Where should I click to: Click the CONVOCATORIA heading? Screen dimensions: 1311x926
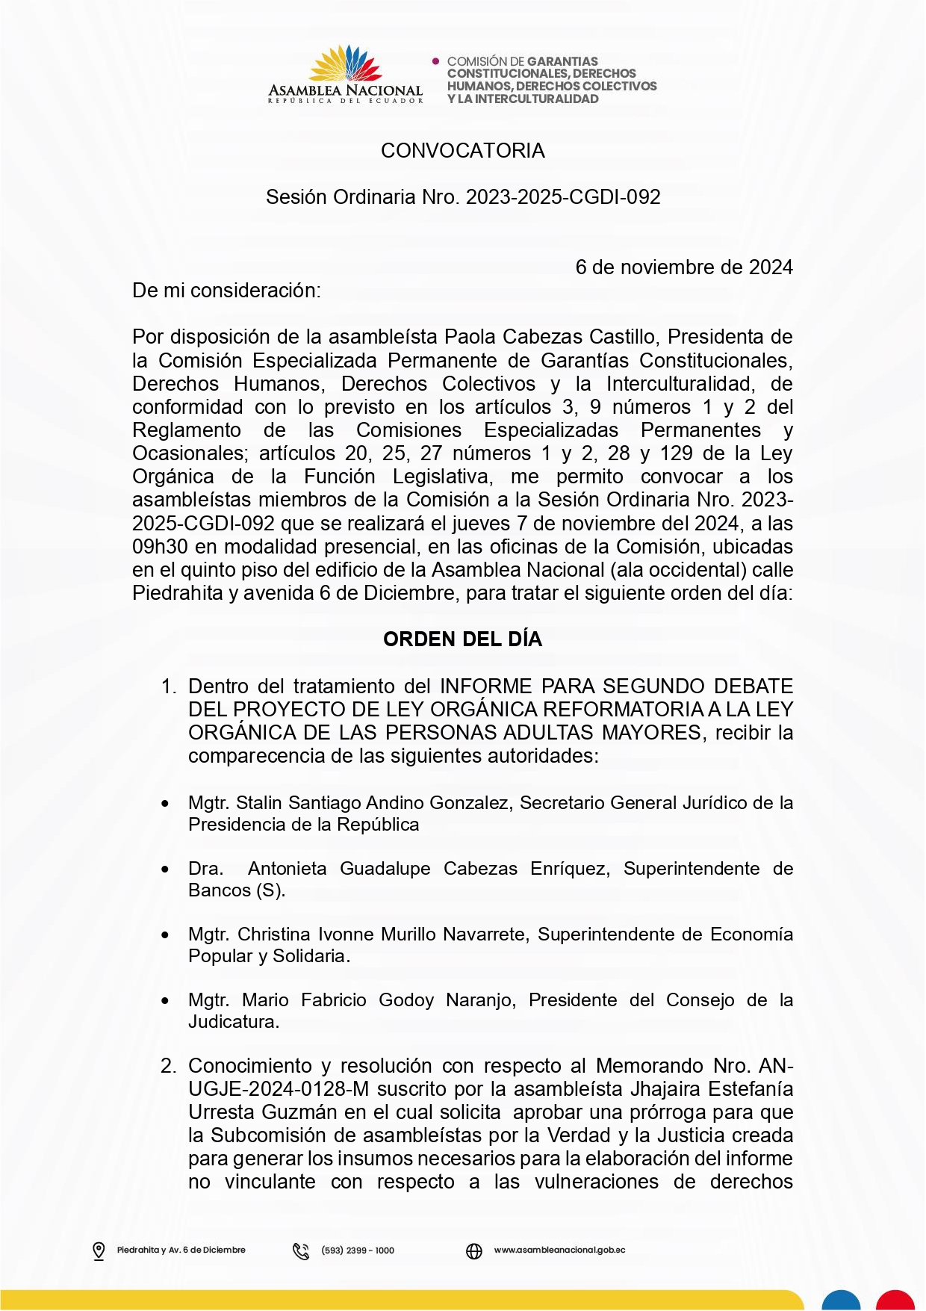click(x=462, y=151)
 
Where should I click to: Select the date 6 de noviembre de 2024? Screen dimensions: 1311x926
click(x=683, y=267)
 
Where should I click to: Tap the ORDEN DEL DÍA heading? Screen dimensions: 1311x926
click(x=462, y=639)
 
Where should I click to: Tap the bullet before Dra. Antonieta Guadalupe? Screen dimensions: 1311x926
click(x=165, y=870)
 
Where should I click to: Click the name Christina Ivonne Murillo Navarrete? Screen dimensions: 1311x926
click(x=382, y=935)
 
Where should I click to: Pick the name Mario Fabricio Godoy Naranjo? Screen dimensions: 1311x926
click(x=379, y=1000)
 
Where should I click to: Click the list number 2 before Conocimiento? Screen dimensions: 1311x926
click(x=168, y=1066)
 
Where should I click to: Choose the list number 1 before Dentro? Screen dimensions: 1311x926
click(x=168, y=687)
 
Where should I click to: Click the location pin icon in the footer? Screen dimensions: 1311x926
click(x=99, y=1250)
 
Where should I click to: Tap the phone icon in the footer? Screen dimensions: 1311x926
click(x=301, y=1250)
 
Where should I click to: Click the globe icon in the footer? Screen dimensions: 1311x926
click(x=474, y=1250)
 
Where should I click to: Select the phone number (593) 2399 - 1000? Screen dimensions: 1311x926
click(x=358, y=1250)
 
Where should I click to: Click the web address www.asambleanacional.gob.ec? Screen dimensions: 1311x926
click(x=559, y=1250)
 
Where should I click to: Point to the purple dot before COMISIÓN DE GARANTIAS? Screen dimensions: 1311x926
click(x=436, y=61)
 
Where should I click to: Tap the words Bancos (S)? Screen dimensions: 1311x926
click(x=236, y=890)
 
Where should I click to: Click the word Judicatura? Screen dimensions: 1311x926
click(x=233, y=1022)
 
